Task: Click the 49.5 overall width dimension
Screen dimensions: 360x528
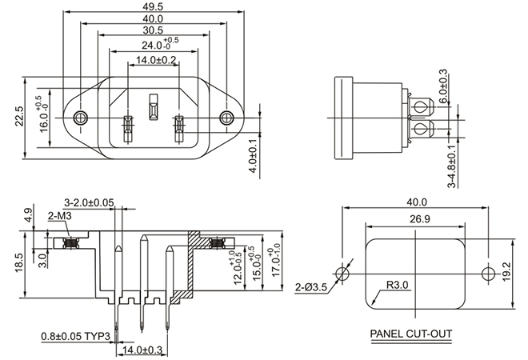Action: [x=152, y=6]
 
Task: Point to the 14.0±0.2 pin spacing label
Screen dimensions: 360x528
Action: [x=152, y=60]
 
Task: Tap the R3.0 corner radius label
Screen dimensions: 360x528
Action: [x=398, y=285]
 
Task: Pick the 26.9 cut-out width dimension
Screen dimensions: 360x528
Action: [x=414, y=219]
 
